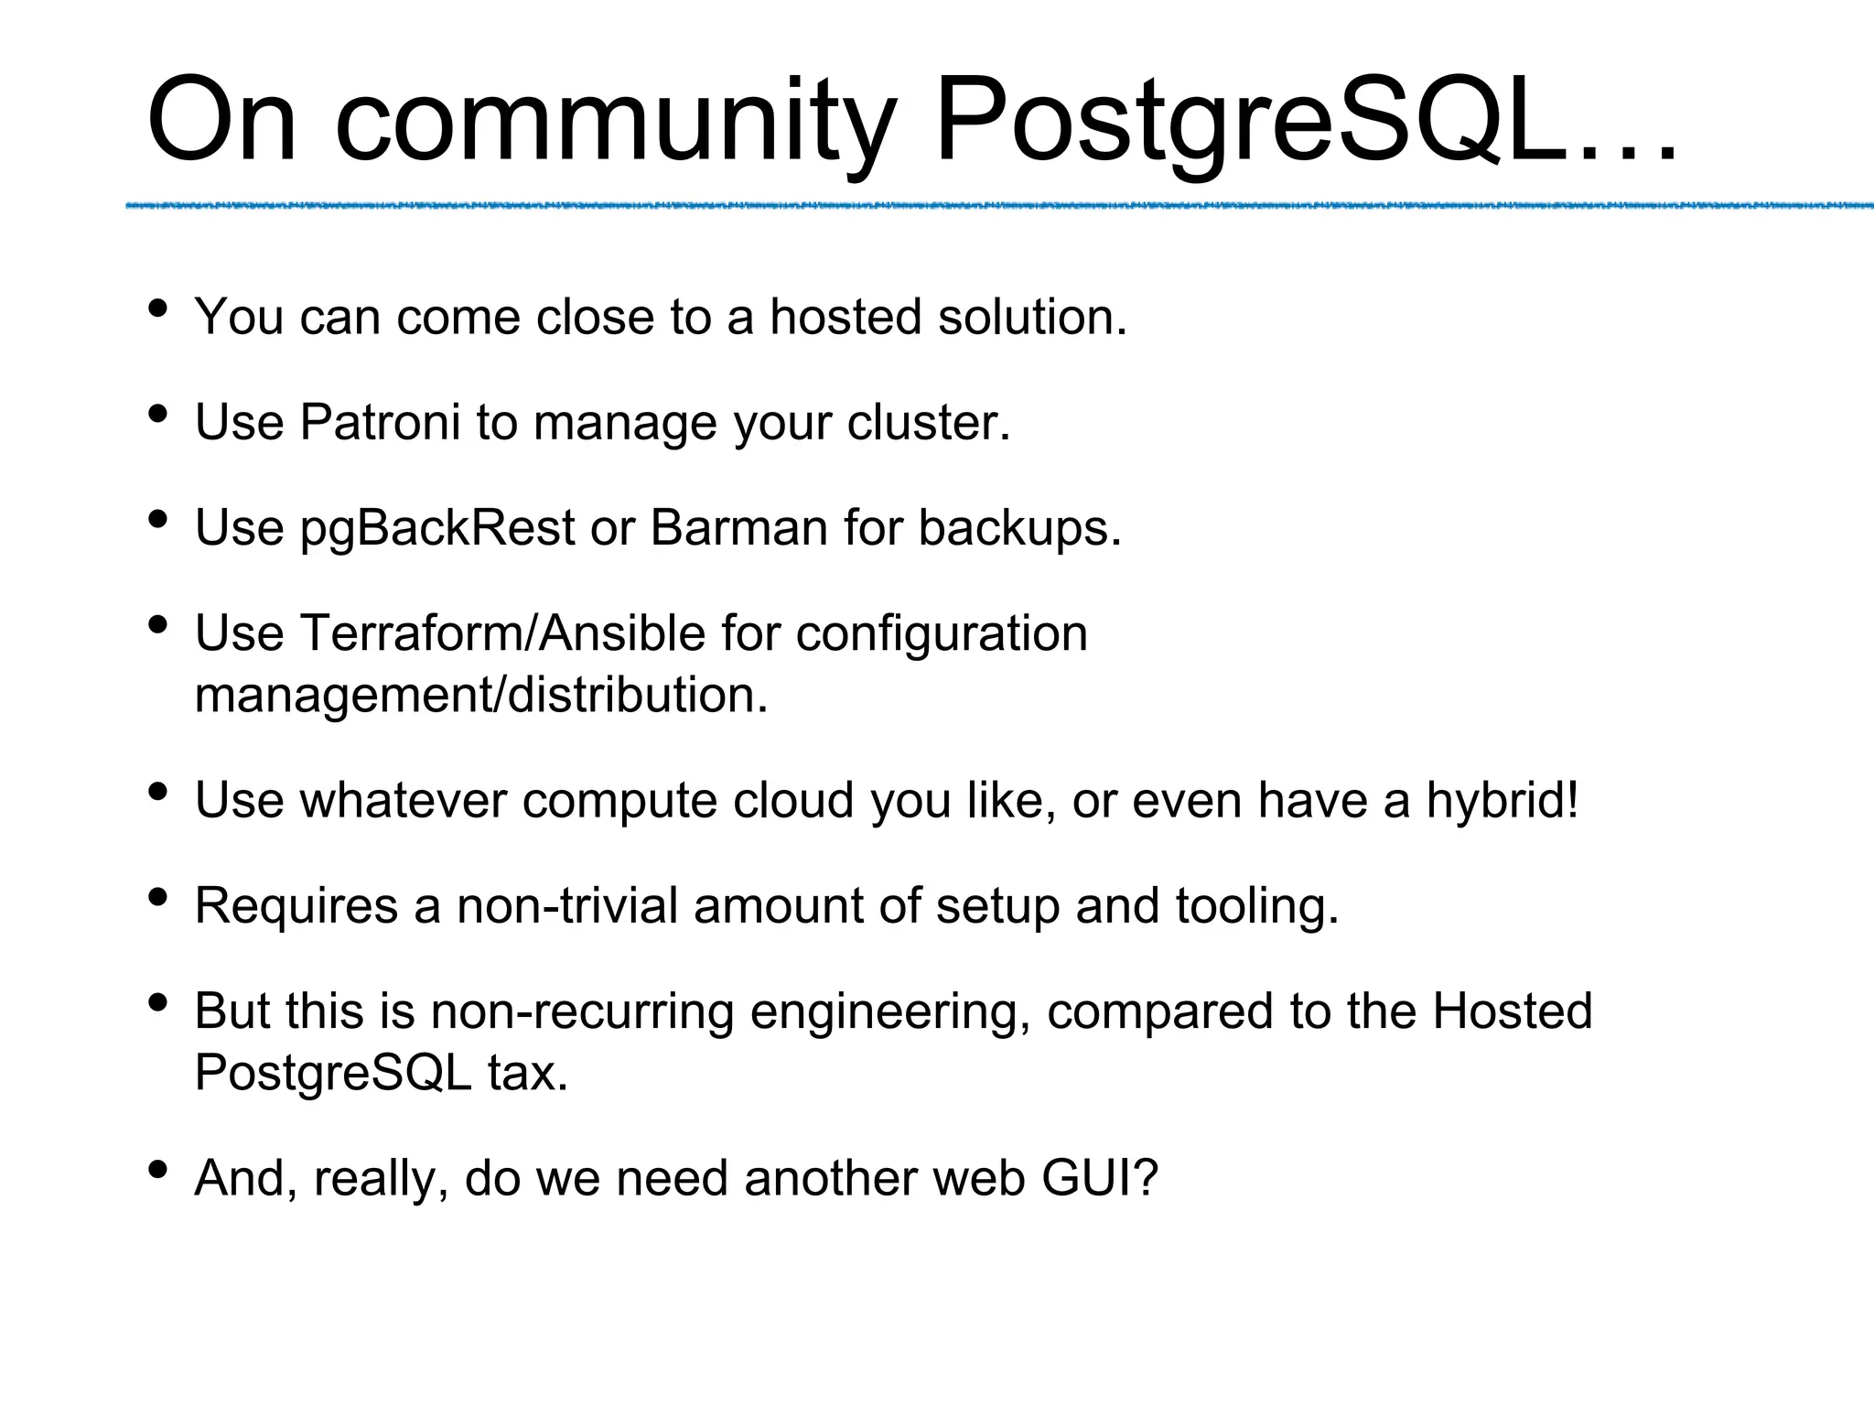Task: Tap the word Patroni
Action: [x=380, y=423]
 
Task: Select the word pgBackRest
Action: [x=437, y=529]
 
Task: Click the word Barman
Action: [x=738, y=528]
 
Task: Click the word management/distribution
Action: [x=481, y=695]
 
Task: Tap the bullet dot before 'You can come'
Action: [x=157, y=308]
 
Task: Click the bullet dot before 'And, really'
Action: [x=157, y=1170]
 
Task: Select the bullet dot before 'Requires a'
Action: [x=157, y=898]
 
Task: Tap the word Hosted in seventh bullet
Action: [x=1512, y=1011]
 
